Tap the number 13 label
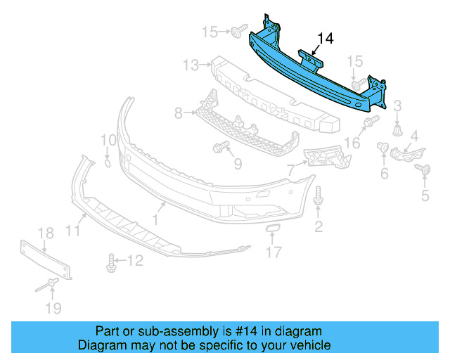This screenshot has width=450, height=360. click(191, 65)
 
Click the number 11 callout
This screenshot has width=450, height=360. click(73, 230)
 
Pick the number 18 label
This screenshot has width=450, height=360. click(45, 233)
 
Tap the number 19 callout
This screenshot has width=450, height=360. click(53, 308)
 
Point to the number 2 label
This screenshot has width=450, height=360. click(319, 226)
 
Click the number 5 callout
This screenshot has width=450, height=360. click(425, 196)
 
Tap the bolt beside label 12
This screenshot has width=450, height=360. click(111, 263)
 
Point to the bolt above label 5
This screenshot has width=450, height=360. click(424, 169)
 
